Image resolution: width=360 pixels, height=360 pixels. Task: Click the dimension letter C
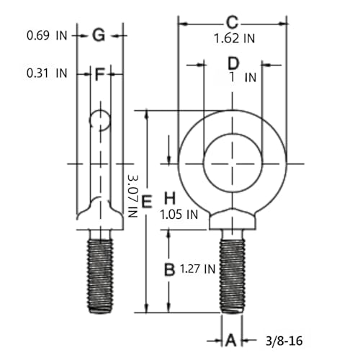[x=233, y=22]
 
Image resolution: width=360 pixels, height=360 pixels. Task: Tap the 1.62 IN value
[x=234, y=38]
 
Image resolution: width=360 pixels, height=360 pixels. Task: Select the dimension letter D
[x=233, y=63]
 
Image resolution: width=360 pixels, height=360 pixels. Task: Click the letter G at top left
[x=99, y=35]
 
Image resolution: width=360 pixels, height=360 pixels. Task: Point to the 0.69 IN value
[x=47, y=35]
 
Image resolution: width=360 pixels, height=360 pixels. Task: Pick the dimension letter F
[x=99, y=74]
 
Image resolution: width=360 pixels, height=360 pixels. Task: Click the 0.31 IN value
[x=47, y=73]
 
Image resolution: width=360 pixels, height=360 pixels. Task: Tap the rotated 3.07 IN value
[x=132, y=196]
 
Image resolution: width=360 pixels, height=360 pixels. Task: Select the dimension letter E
[x=147, y=202]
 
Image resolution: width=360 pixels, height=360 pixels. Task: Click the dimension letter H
[x=170, y=198]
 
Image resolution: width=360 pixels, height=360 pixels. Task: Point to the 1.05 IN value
[x=179, y=215]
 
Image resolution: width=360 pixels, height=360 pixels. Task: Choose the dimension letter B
[x=169, y=269]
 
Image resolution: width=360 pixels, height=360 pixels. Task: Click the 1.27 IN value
[x=197, y=269]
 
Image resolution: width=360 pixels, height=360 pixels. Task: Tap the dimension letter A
[x=231, y=340]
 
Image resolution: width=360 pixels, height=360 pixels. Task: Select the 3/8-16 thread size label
[x=284, y=341]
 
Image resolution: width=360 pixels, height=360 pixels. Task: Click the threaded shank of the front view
[x=233, y=276]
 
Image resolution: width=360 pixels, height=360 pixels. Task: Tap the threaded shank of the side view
[x=100, y=276]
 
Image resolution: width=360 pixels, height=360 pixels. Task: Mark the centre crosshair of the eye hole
[x=233, y=164]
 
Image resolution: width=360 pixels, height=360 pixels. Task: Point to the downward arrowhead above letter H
[x=169, y=159]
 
